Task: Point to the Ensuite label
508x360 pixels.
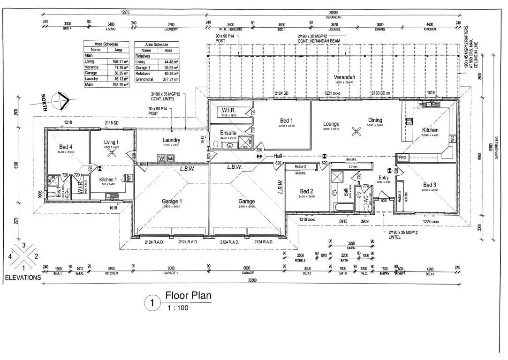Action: (228, 133)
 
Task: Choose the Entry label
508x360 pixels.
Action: (384, 178)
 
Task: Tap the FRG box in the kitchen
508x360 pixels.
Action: (402, 158)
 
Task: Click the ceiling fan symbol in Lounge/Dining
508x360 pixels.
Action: (357, 132)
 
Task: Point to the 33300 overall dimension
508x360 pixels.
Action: (254, 279)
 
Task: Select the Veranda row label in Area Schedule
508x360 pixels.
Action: (91, 67)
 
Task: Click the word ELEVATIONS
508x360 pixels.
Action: (23, 277)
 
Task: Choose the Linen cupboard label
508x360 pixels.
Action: (353, 167)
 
